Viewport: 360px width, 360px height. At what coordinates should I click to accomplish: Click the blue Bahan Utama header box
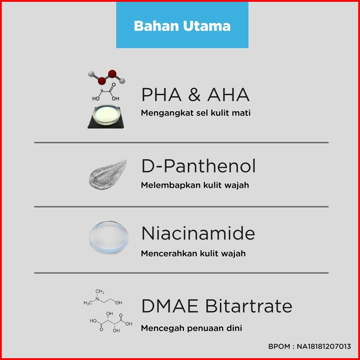click(182, 25)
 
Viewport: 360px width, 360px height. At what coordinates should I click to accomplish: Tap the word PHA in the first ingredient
click(161, 94)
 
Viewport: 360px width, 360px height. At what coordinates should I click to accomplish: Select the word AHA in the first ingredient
click(228, 94)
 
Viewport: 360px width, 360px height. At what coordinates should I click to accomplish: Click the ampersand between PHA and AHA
click(194, 94)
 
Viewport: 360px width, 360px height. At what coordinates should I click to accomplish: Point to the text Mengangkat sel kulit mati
click(196, 113)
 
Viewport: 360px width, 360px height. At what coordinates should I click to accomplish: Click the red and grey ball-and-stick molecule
click(107, 77)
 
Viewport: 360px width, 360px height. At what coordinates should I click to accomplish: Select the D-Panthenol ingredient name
click(199, 166)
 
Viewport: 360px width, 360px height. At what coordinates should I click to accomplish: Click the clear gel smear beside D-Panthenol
click(108, 175)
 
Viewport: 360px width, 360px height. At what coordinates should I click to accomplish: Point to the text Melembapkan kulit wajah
click(195, 185)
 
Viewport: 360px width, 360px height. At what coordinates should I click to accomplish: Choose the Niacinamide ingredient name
click(198, 233)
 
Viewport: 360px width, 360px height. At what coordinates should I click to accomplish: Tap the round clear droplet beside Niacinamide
click(109, 237)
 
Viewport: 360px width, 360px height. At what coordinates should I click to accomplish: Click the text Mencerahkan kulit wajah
click(193, 253)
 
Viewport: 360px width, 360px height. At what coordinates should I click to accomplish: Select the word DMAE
click(170, 306)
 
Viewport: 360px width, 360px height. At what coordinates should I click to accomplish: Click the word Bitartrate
click(249, 306)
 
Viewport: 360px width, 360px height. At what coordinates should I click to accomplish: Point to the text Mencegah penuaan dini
click(191, 328)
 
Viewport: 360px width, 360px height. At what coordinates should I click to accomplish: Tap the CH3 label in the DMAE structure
click(100, 292)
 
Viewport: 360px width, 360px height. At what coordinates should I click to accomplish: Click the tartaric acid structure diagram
click(111, 322)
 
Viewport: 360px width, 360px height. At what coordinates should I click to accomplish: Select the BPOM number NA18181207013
click(324, 346)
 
